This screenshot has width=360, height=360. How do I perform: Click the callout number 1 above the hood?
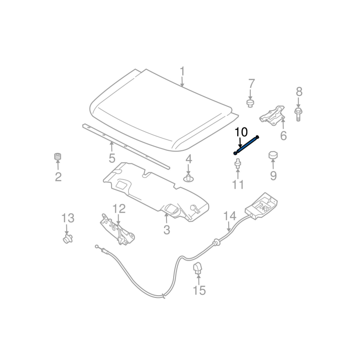point(182,71)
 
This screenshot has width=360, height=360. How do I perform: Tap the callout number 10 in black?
point(241,132)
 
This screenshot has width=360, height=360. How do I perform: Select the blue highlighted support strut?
point(247,145)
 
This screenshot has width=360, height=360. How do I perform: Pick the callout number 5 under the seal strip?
point(112,158)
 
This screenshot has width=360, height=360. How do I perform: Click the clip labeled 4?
point(189,178)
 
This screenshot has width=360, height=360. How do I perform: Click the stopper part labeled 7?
point(251,103)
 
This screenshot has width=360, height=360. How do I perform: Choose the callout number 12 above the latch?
point(119,208)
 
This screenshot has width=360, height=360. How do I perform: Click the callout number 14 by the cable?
point(230,216)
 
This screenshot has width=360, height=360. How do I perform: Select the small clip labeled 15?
point(198,269)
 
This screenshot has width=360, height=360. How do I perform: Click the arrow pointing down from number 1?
point(182,81)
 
